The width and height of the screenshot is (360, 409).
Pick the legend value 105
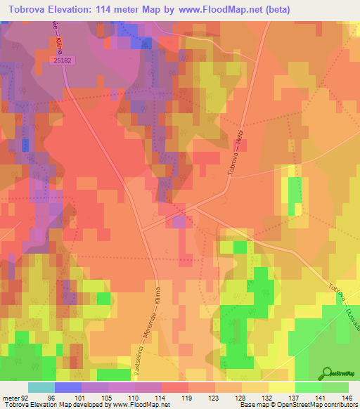point(108,396)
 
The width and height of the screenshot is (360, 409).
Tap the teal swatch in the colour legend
point(41,387)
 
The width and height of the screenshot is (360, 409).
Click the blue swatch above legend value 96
point(68,387)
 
